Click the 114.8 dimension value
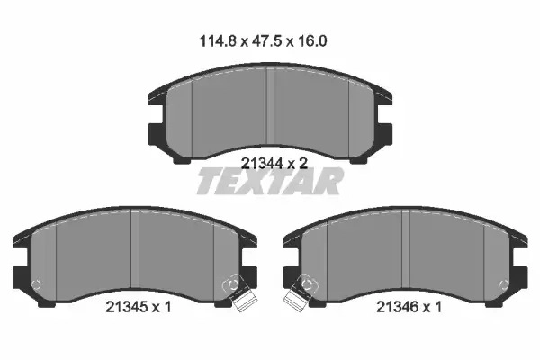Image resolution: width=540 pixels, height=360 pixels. tap(218, 41)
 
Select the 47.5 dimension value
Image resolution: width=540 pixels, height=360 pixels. tap(267, 41)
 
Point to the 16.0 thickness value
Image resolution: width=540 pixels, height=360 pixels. tap(311, 41)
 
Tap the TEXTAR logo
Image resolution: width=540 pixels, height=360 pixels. tap(270, 181)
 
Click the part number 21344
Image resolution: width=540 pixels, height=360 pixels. tap(262, 163)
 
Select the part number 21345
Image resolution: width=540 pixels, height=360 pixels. tap(127, 306)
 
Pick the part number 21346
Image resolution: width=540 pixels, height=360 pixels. tap(398, 306)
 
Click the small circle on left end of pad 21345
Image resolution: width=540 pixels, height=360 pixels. tap(36, 284)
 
